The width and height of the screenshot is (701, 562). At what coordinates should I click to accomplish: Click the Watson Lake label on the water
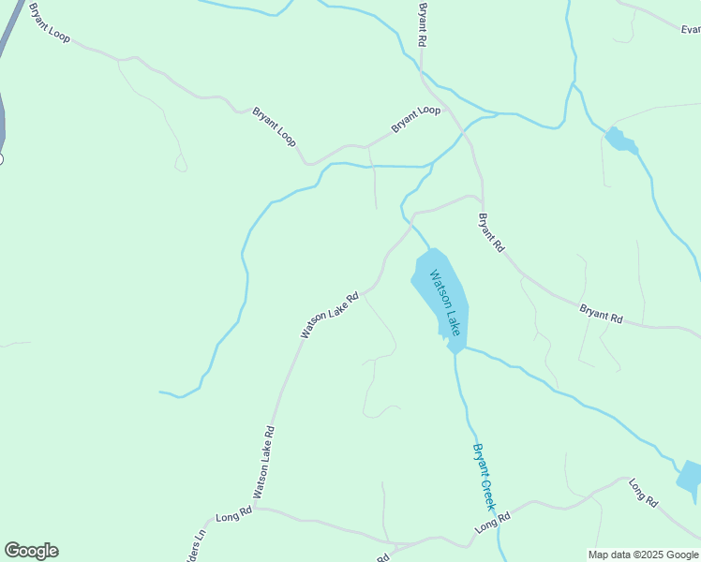pyautogui.click(x=445, y=303)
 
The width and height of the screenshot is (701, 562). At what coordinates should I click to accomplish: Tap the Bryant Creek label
pyautogui.click(x=482, y=477)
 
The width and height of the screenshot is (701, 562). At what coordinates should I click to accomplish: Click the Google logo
pyautogui.click(x=31, y=551)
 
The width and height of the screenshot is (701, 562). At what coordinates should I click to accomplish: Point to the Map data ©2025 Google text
pyautogui.click(x=643, y=555)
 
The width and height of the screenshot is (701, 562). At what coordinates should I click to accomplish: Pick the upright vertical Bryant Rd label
pyautogui.click(x=423, y=25)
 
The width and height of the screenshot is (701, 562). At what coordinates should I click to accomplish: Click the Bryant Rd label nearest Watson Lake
pyautogui.click(x=491, y=233)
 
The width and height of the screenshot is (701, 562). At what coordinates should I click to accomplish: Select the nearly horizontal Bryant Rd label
pyautogui.click(x=601, y=314)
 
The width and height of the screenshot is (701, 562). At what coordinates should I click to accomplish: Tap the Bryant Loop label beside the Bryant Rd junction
pyautogui.click(x=415, y=118)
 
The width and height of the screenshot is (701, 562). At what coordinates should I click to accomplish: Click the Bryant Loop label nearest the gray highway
pyautogui.click(x=50, y=24)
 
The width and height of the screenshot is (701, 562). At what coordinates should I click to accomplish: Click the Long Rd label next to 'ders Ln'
pyautogui.click(x=233, y=514)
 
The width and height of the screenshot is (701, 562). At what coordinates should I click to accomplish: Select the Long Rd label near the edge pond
pyautogui.click(x=643, y=493)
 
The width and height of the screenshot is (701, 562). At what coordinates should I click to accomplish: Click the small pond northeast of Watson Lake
pyautogui.click(x=619, y=140)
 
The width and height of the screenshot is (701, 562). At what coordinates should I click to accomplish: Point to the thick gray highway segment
pyautogui.click(x=7, y=56)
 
